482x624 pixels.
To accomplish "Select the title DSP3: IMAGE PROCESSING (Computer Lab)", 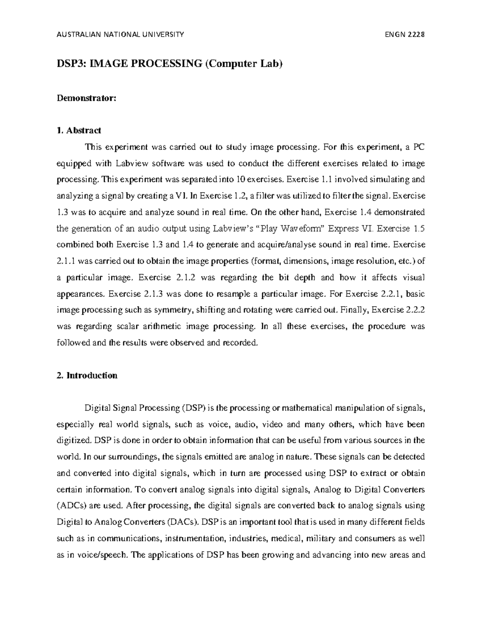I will click(x=170, y=64).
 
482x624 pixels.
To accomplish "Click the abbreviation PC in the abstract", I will click(x=419, y=147).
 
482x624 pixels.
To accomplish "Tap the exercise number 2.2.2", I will click(x=413, y=310).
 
